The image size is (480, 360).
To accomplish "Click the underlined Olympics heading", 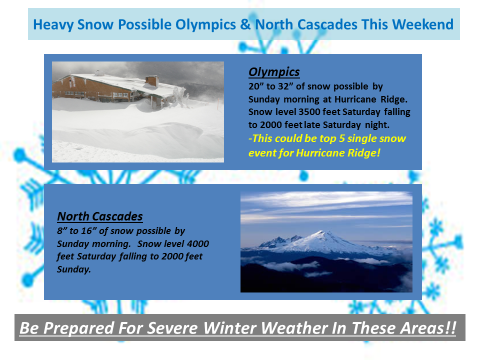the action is [x=274, y=72].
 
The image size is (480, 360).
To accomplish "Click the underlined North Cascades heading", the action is [x=100, y=216].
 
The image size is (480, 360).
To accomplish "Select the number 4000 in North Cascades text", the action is [x=198, y=243].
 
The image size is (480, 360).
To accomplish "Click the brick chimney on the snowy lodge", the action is [x=152, y=81].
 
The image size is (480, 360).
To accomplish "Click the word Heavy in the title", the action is [x=53, y=25].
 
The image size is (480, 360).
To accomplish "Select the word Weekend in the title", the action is [x=423, y=24].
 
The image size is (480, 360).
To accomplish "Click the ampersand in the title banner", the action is [x=245, y=24].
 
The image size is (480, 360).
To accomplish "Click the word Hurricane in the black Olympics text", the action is [x=355, y=99].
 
